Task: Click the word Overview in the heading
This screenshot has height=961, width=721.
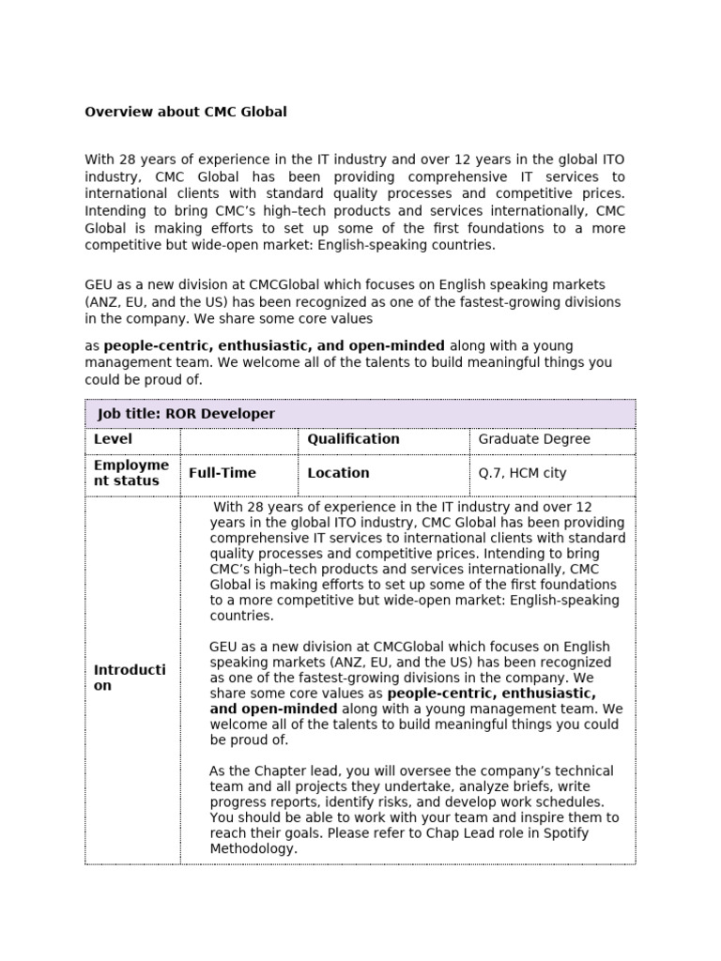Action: click(116, 112)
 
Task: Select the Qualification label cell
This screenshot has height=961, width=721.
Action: click(353, 439)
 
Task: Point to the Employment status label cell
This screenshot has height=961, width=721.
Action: click(131, 473)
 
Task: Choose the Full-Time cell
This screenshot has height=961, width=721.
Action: click(222, 473)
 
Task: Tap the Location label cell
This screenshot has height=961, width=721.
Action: click(338, 473)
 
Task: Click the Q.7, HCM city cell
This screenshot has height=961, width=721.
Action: click(522, 473)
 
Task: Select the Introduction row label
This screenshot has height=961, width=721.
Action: click(130, 678)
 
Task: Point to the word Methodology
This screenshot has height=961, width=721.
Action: click(253, 848)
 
